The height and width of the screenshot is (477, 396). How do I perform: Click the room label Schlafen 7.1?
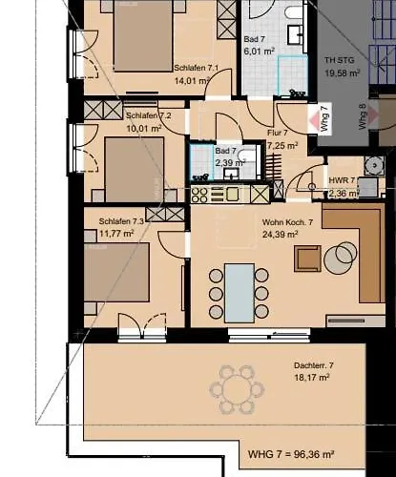coord(198,69)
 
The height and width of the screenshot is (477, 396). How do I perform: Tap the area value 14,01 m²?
coord(191,81)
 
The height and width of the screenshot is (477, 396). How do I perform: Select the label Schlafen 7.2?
coord(148,114)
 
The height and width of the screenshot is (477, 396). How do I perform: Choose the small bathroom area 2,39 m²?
coord(230,162)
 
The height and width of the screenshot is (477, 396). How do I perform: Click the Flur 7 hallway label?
coord(284,134)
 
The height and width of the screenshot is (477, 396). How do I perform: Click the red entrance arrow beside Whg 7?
coord(314,121)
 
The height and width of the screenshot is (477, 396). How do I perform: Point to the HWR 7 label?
coord(342,180)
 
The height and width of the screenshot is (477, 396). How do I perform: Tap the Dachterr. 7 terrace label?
coord(313,365)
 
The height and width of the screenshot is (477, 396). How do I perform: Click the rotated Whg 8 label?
coord(362,115)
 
